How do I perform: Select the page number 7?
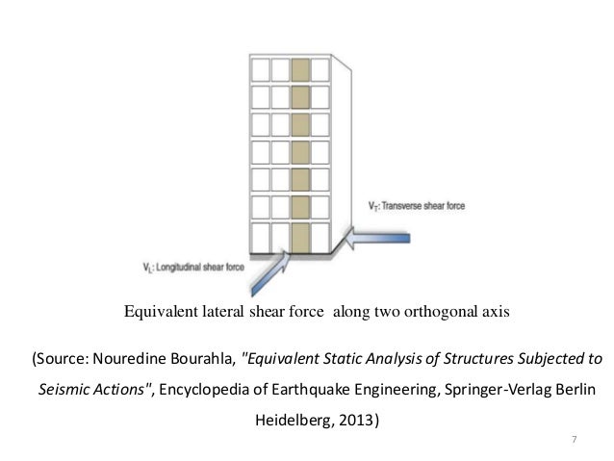pyautogui.click(x=575, y=441)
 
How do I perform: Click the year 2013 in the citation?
pyautogui.click(x=357, y=420)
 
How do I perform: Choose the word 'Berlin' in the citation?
pyautogui.click(x=577, y=390)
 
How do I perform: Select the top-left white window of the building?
pyautogui.click(x=259, y=69)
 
